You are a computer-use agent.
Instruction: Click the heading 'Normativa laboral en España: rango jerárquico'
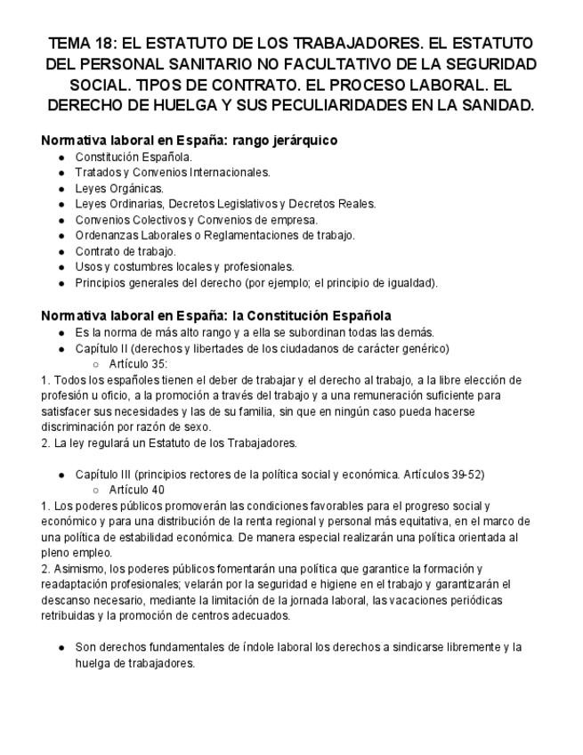coord(189,141)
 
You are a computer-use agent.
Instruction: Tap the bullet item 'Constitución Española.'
coord(134,157)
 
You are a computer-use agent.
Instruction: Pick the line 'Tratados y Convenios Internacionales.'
coord(173,172)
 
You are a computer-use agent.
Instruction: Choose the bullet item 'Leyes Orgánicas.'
coord(119,188)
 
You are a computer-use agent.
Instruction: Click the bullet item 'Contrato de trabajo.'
coord(126,251)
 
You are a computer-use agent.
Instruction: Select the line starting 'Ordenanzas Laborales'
coord(215,235)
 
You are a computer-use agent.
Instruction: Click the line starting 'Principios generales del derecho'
coord(257,283)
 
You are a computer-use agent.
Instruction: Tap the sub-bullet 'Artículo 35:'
coord(138,363)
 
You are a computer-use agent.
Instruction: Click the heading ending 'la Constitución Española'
coord(216,315)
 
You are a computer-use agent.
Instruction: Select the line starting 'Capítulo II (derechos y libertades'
coord(262,347)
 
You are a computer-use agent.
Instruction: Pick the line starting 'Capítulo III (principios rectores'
coord(279,473)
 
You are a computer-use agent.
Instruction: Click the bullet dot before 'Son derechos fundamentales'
coord(61,647)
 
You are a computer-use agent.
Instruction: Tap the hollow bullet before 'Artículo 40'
coord(94,489)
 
